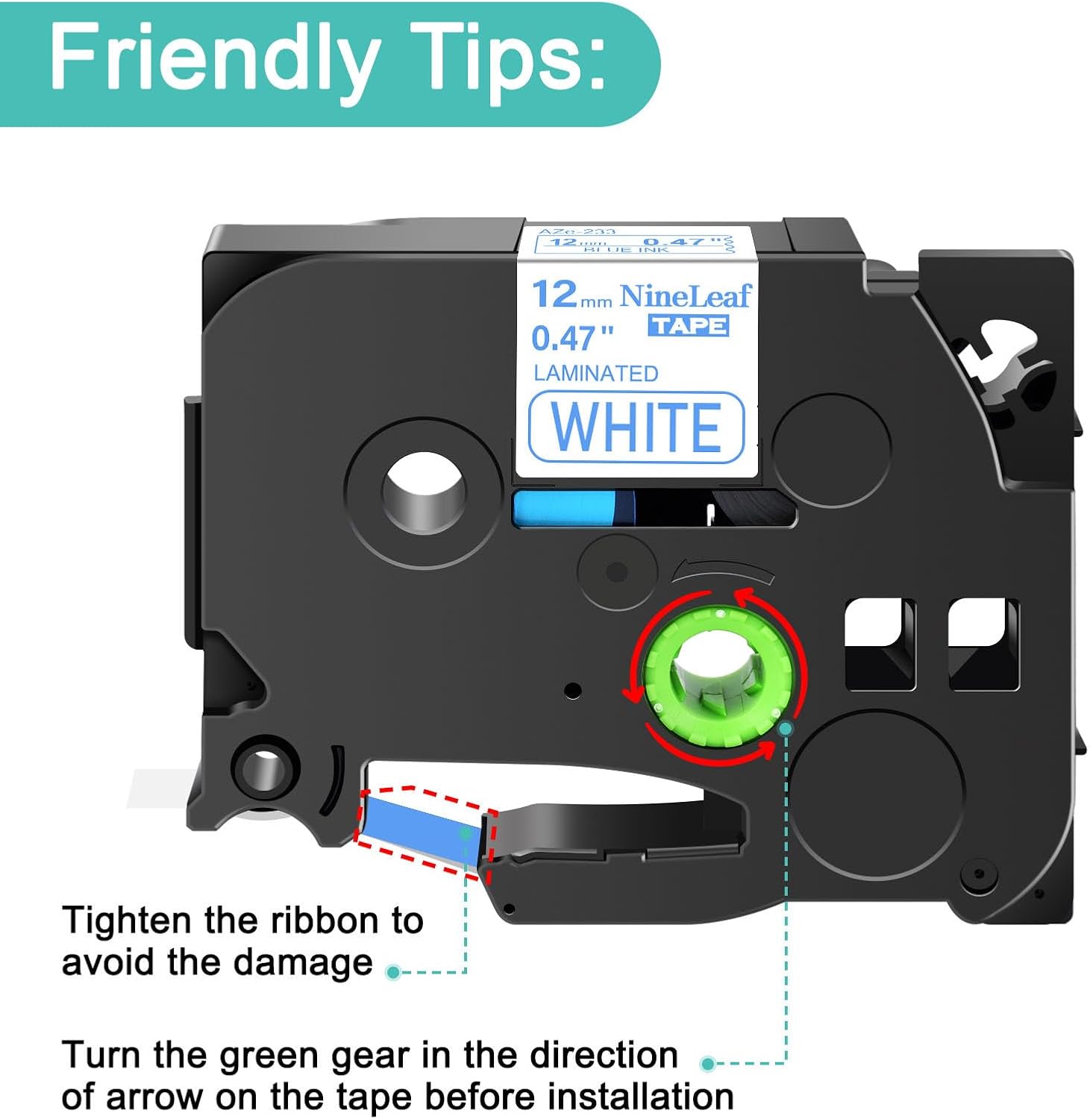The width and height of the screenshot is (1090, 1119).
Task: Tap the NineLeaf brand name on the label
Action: [685, 296]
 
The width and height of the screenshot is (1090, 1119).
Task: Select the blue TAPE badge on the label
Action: [688, 326]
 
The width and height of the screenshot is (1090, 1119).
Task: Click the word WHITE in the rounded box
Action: [636, 427]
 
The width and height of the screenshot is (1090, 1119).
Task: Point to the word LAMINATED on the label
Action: [595, 374]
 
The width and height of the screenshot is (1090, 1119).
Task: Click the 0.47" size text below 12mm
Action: [571, 339]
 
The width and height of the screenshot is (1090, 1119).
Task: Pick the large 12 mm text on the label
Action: [570, 295]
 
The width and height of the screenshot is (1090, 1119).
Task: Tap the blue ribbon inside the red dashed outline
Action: [419, 828]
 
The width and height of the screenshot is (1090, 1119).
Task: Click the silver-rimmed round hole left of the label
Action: [424, 492]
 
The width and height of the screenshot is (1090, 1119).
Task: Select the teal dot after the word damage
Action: [393, 972]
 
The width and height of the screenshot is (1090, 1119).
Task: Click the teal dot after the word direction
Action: [708, 1063]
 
